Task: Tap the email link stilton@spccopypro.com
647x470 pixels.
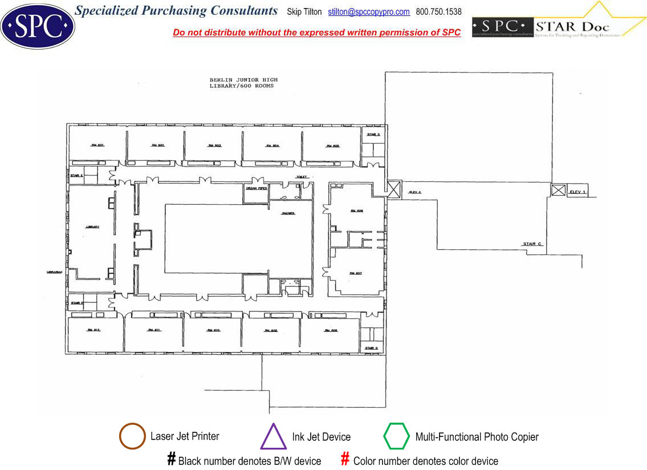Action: click(x=369, y=12)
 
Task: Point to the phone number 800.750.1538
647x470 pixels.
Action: click(x=438, y=12)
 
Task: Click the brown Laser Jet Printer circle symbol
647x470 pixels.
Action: click(x=132, y=436)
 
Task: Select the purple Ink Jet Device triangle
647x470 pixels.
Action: click(x=273, y=437)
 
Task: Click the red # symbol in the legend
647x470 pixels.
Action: click(x=344, y=459)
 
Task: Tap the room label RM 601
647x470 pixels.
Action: click(x=97, y=145)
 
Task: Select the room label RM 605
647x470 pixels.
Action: click(x=333, y=146)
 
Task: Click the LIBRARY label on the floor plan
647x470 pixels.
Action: click(x=92, y=227)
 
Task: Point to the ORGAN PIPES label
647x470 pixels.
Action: click(x=256, y=188)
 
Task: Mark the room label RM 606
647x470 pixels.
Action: click(x=357, y=211)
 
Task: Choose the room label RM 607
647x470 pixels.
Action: click(x=356, y=273)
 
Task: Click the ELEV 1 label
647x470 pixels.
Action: click(x=578, y=192)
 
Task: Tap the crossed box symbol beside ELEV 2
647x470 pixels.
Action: click(x=394, y=189)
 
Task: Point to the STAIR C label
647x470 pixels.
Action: click(x=532, y=244)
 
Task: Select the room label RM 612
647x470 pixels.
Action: click(x=93, y=330)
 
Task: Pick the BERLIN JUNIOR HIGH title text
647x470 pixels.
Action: click(x=243, y=80)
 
